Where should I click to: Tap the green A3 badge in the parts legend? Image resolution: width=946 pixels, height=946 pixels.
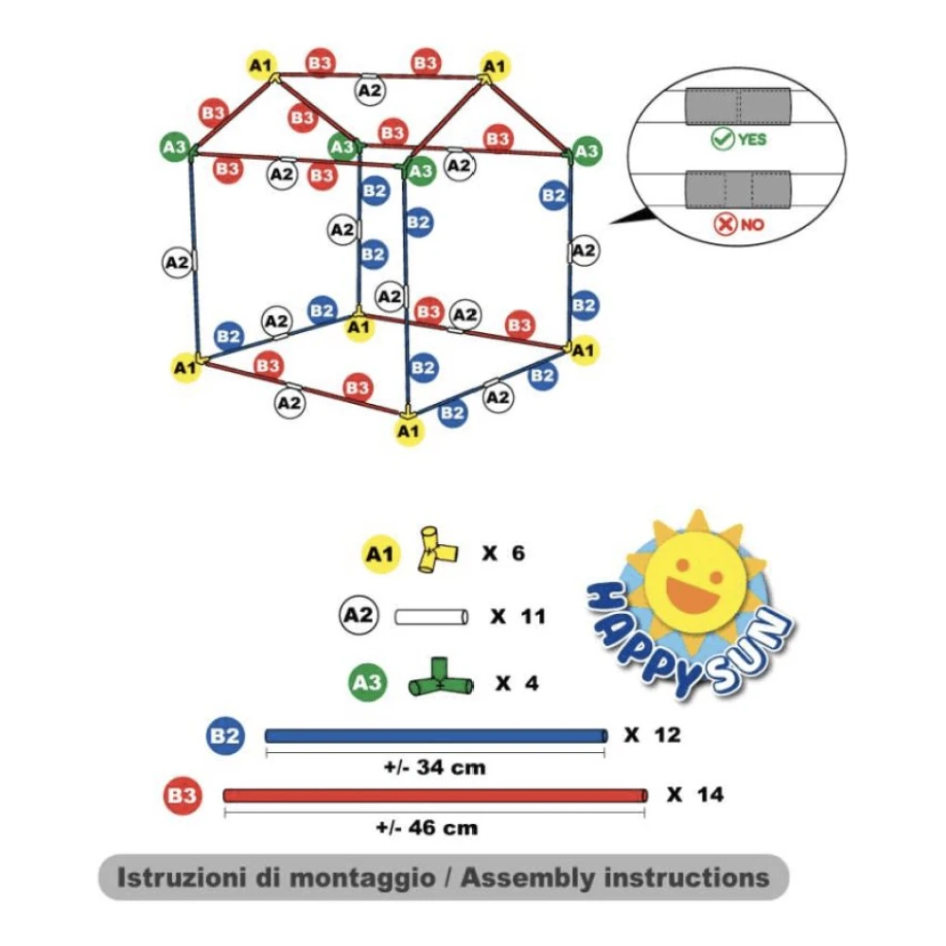tap(369, 682)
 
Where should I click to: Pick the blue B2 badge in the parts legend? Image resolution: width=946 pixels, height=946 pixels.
tap(225, 735)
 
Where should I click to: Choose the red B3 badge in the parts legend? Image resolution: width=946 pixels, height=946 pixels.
tap(182, 795)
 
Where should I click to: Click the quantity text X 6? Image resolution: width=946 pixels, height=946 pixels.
tap(502, 552)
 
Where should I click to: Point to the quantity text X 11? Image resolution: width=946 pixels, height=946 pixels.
tap(518, 617)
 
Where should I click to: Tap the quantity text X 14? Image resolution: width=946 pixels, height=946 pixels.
tap(694, 795)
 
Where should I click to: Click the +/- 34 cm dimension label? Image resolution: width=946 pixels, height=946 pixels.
tap(435, 767)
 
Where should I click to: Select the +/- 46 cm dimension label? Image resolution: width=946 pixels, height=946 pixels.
tap(427, 828)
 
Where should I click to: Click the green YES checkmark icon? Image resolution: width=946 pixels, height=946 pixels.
tap(724, 140)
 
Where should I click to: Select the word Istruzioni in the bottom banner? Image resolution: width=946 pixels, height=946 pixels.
tap(180, 877)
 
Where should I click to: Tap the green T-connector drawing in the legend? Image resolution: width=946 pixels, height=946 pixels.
tap(441, 680)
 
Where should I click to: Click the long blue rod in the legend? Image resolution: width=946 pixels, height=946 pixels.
tap(435, 735)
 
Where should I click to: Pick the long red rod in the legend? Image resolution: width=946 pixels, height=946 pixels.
tap(435, 795)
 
